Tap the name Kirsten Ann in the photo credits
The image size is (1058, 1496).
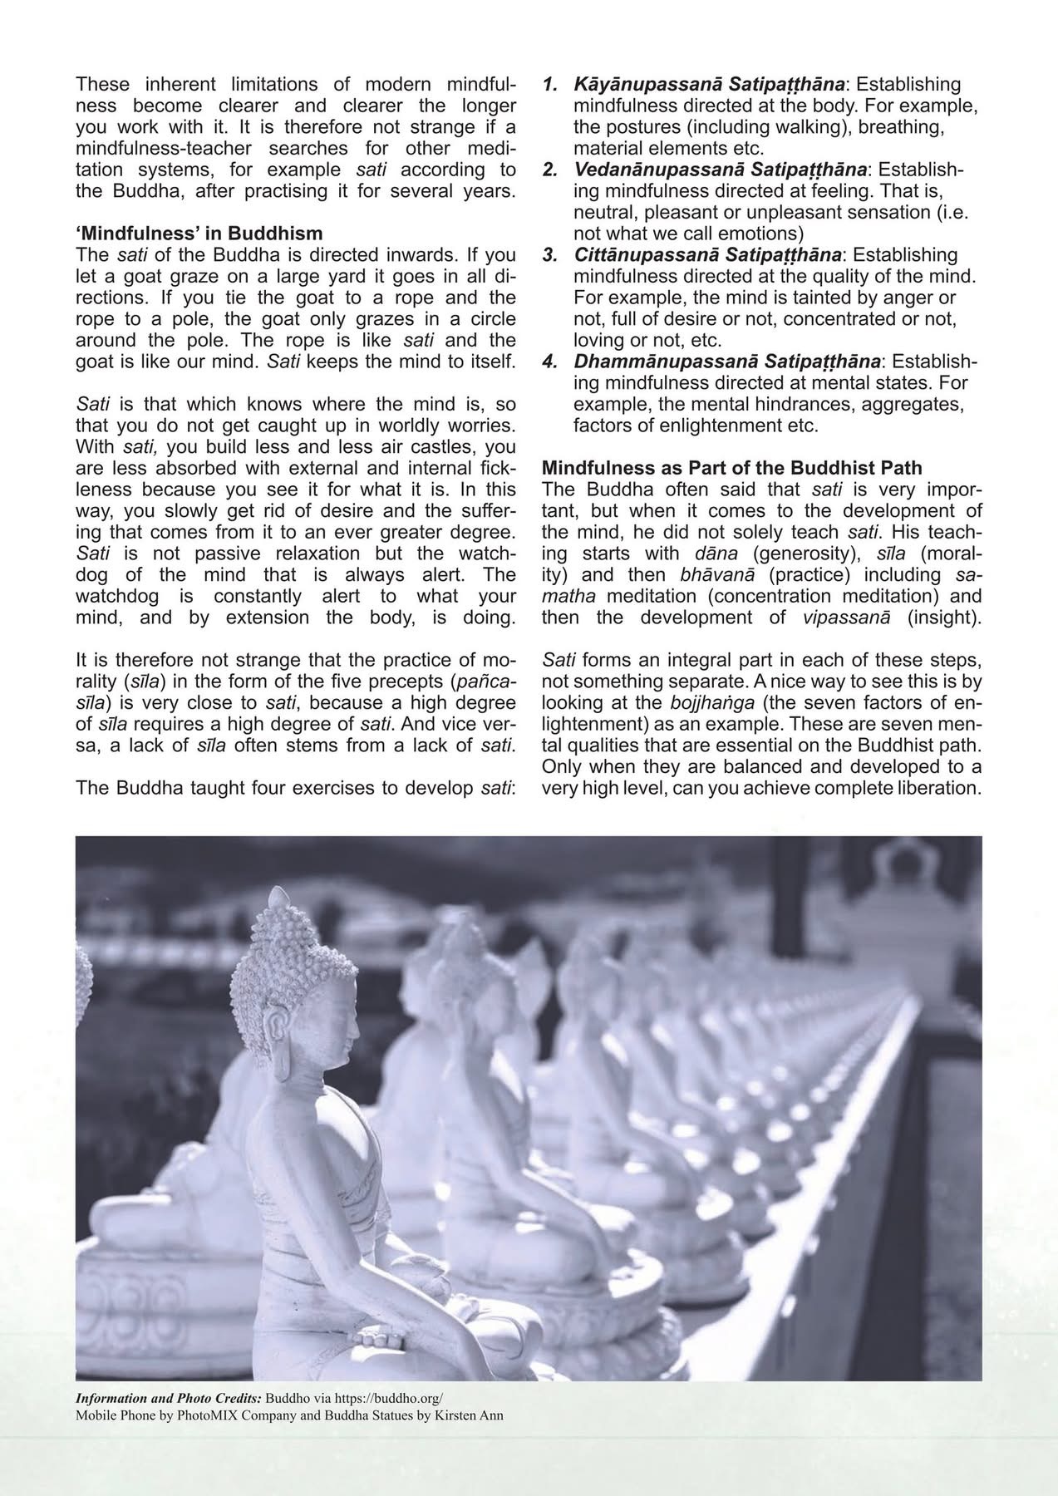470,1414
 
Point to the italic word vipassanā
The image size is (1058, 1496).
847,618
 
